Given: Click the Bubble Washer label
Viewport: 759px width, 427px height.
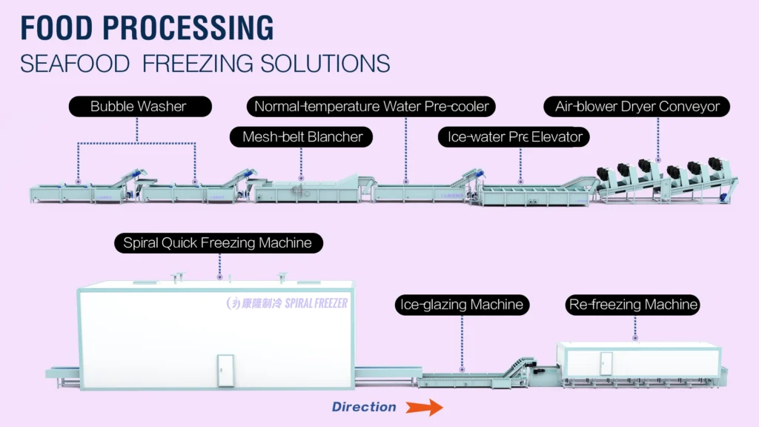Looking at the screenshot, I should (138, 107).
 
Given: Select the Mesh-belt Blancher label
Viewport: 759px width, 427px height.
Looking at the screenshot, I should (302, 136).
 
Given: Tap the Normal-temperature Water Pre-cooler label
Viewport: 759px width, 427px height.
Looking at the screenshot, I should (371, 107).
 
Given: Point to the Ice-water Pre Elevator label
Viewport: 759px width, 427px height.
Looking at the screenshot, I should (514, 136).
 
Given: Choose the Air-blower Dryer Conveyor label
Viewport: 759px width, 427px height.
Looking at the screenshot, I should (637, 107).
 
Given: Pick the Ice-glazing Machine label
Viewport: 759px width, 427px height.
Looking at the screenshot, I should (462, 305).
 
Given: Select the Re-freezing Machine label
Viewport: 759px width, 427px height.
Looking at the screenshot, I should (633, 305).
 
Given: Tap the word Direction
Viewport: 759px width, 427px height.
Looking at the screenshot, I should (364, 407).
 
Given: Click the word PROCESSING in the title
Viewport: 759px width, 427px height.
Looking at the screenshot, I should (190, 27).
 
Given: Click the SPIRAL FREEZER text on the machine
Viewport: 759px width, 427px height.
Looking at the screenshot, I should (314, 303).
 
